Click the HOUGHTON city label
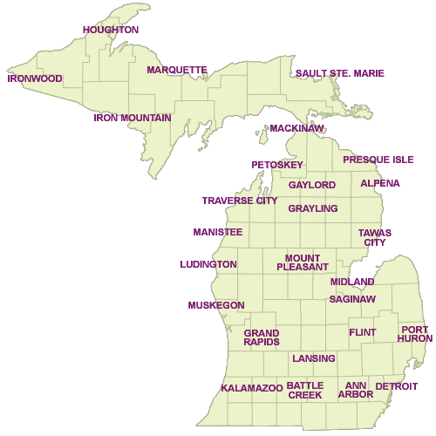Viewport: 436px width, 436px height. pos(111,30)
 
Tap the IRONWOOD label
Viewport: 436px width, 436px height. pos(35,78)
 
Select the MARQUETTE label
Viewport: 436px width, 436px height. pos(177,70)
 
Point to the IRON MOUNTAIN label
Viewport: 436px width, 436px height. pos(132,117)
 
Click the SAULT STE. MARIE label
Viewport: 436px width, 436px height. pos(340,73)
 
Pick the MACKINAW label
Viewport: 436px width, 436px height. pos(296,128)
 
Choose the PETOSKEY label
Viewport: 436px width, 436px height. pos(277,165)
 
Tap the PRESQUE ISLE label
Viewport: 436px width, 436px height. pos(378,160)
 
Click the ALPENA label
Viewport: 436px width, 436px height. pos(380,183)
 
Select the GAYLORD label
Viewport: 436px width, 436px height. pos(312,186)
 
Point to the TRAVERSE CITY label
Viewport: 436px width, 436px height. pos(240,201)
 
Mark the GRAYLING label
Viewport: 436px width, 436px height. pos(313,208)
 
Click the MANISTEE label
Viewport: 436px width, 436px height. pos(218,232)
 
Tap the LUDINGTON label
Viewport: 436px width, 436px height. pos(208,264)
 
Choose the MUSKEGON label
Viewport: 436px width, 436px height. pos(215,305)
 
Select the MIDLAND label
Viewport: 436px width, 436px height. pos(352,282)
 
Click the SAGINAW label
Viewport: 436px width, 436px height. pos(352,299)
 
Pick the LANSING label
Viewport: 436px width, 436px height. pos(314,358)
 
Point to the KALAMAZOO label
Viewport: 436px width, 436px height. pos(252,387)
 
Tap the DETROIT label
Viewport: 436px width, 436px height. pos(397,386)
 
